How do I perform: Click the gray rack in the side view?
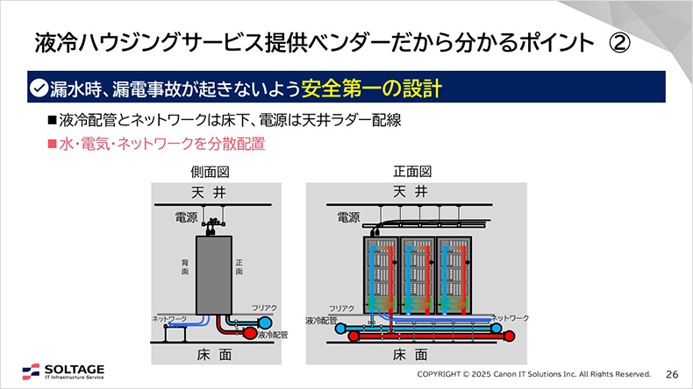213,272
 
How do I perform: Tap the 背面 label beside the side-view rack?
185,267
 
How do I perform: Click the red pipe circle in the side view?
248,334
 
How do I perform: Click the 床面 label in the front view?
410,354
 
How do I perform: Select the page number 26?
673,372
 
